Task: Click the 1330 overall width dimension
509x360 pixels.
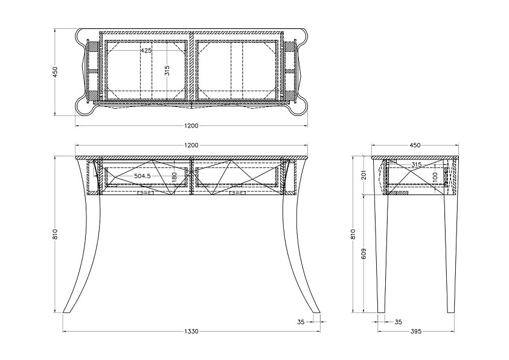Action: [x=191, y=332]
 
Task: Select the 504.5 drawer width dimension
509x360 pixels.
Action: [x=142, y=176]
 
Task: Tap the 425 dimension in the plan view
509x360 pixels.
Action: [x=146, y=51]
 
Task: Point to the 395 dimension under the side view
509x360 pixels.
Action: [x=416, y=332]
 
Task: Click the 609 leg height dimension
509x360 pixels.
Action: [x=363, y=254]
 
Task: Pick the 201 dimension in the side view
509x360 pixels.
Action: [x=363, y=175]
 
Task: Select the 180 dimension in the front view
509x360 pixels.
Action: [x=174, y=177]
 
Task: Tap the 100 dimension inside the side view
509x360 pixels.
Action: [x=435, y=176]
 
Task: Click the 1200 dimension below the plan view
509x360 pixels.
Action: [x=191, y=126]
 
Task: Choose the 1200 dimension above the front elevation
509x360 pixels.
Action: [x=191, y=146]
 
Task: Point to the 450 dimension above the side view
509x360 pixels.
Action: [x=415, y=146]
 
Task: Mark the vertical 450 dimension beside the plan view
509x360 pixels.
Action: [x=55, y=72]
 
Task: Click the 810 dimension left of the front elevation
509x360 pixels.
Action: [x=55, y=234]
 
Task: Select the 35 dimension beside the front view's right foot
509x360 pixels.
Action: [x=301, y=322]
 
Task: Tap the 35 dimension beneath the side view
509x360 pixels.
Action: [x=399, y=322]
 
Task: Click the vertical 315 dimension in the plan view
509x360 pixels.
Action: [x=167, y=71]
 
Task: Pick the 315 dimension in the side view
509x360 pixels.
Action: [x=417, y=164]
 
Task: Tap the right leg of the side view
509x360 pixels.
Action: [x=450, y=253]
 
